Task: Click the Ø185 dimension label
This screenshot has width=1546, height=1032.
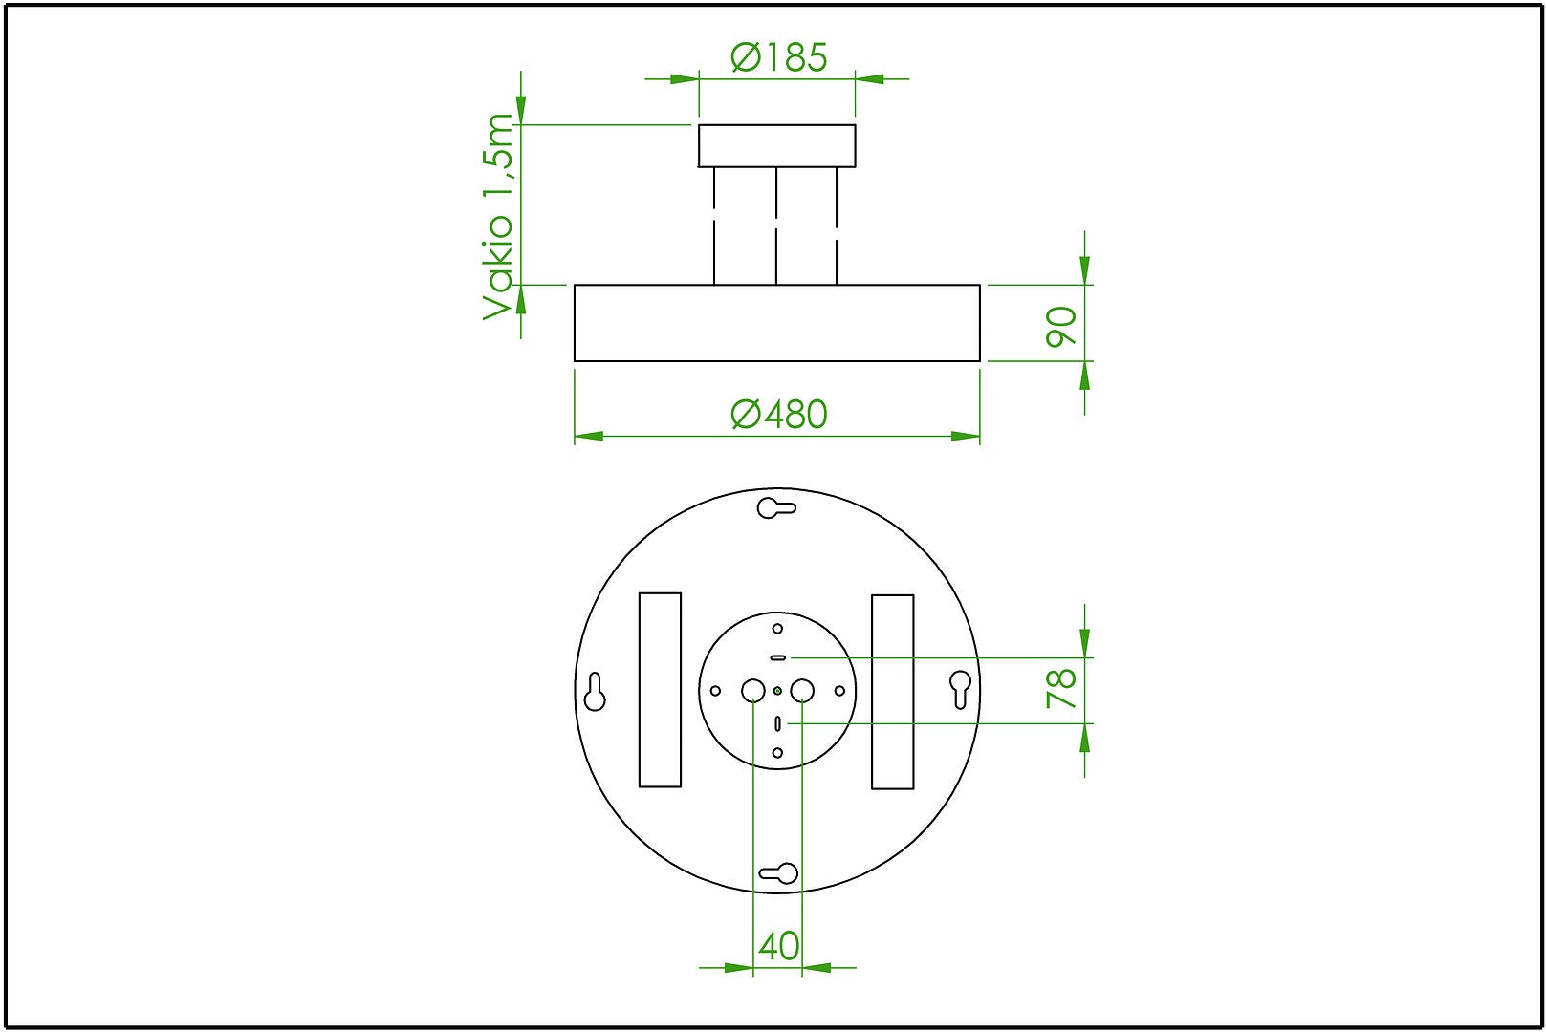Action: click(778, 58)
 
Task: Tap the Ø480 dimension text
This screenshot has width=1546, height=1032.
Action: click(778, 415)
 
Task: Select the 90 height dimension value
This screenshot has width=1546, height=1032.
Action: click(1061, 326)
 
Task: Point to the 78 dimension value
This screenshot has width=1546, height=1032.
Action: click(1061, 688)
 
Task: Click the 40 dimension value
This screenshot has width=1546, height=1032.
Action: click(778, 946)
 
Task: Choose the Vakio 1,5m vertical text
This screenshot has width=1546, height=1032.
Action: click(497, 217)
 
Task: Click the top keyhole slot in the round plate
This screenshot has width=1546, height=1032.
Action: click(776, 507)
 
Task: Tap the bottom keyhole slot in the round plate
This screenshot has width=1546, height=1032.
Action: click(778, 873)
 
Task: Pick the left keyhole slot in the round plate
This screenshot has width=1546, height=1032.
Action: click(595, 691)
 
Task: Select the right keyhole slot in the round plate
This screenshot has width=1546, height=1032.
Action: click(960, 689)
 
